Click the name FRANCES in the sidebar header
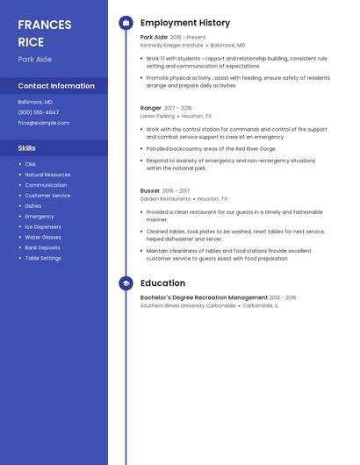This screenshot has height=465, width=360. click(x=45, y=25)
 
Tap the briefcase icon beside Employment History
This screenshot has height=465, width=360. click(x=126, y=23)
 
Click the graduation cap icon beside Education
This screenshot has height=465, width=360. click(x=126, y=283)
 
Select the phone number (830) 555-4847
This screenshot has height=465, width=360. click(x=39, y=112)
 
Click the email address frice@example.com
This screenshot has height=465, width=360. click(x=44, y=123)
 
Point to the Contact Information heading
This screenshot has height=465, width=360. click(x=56, y=86)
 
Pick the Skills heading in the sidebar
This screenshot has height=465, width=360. click(x=27, y=148)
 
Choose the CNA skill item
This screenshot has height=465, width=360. click(x=31, y=164)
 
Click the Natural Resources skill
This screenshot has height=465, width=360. click(x=47, y=175)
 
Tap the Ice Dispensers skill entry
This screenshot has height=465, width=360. click(x=44, y=227)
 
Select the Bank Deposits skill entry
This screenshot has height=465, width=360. click(x=42, y=247)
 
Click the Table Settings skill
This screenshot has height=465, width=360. click(x=43, y=258)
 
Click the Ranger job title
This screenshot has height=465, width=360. click(x=151, y=108)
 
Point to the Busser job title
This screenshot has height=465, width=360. click(x=150, y=190)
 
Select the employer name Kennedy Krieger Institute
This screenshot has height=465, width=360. click(x=172, y=45)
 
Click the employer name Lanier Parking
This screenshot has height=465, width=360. click(x=158, y=116)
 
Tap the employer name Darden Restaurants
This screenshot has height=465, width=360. click(x=165, y=199)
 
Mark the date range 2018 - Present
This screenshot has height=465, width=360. click(x=188, y=37)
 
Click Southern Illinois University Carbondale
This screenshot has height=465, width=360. click(x=188, y=305)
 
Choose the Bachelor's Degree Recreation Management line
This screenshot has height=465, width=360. click(x=204, y=297)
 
